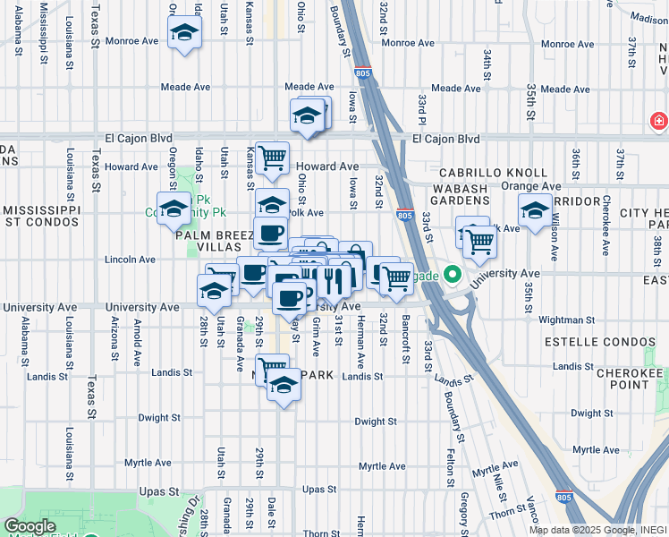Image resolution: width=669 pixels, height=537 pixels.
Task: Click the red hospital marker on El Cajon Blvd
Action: click(x=658, y=120)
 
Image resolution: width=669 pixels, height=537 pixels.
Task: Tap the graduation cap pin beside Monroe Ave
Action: click(x=185, y=33)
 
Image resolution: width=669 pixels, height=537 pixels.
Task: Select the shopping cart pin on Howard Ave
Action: click(x=272, y=158)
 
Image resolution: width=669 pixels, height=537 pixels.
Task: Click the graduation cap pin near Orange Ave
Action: click(x=535, y=211)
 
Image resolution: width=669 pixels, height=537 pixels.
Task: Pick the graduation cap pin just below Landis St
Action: click(x=284, y=385)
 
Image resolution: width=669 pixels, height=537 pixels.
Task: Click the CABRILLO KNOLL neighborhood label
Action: click(x=493, y=172)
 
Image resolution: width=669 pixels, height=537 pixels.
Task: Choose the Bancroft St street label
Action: click(x=405, y=338)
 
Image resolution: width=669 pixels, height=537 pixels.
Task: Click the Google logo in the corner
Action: click(x=30, y=526)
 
